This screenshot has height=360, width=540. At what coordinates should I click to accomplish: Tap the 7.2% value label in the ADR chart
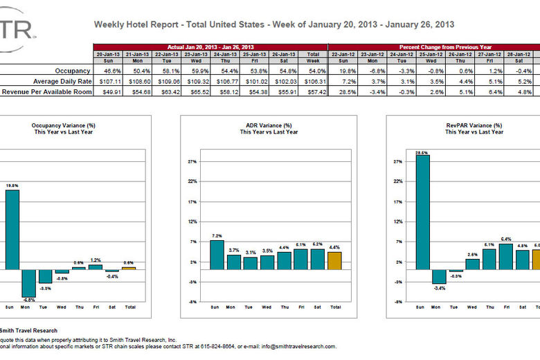[217, 235]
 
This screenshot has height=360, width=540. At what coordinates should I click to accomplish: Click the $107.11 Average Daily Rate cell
[109, 81]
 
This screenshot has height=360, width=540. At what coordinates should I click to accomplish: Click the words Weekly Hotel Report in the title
[131, 24]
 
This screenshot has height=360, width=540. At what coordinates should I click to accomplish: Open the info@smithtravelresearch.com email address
[291, 346]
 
